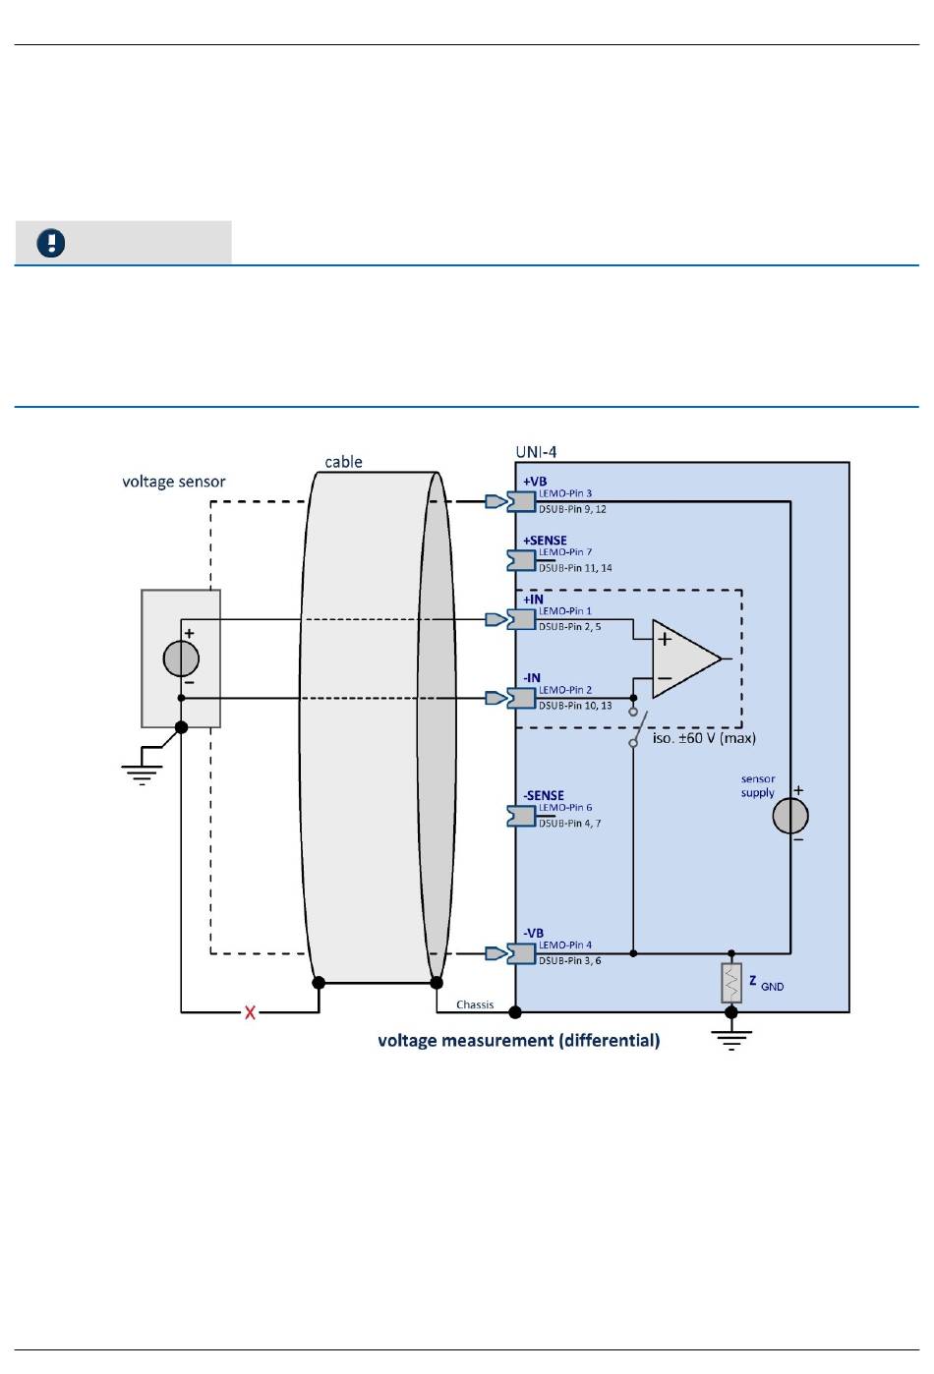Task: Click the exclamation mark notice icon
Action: click(51, 243)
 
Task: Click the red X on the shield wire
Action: click(250, 1012)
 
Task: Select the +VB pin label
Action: click(535, 482)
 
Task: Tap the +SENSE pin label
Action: click(545, 541)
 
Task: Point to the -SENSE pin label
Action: click(543, 795)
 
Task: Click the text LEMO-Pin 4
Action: click(565, 945)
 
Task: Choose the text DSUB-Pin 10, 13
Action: click(575, 706)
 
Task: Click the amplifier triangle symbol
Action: click(686, 658)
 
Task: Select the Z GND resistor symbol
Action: click(731, 983)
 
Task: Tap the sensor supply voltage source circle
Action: click(790, 816)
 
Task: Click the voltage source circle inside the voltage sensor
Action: click(181, 658)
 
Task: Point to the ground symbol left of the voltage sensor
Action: click(142, 775)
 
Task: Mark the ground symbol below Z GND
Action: click(731, 1041)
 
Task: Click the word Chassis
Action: click(475, 1004)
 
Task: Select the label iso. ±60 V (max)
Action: click(704, 738)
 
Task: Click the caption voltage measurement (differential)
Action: click(519, 1040)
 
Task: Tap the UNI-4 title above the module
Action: click(536, 452)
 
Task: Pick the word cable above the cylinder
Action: click(344, 462)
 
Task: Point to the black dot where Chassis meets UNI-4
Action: click(515, 1012)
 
